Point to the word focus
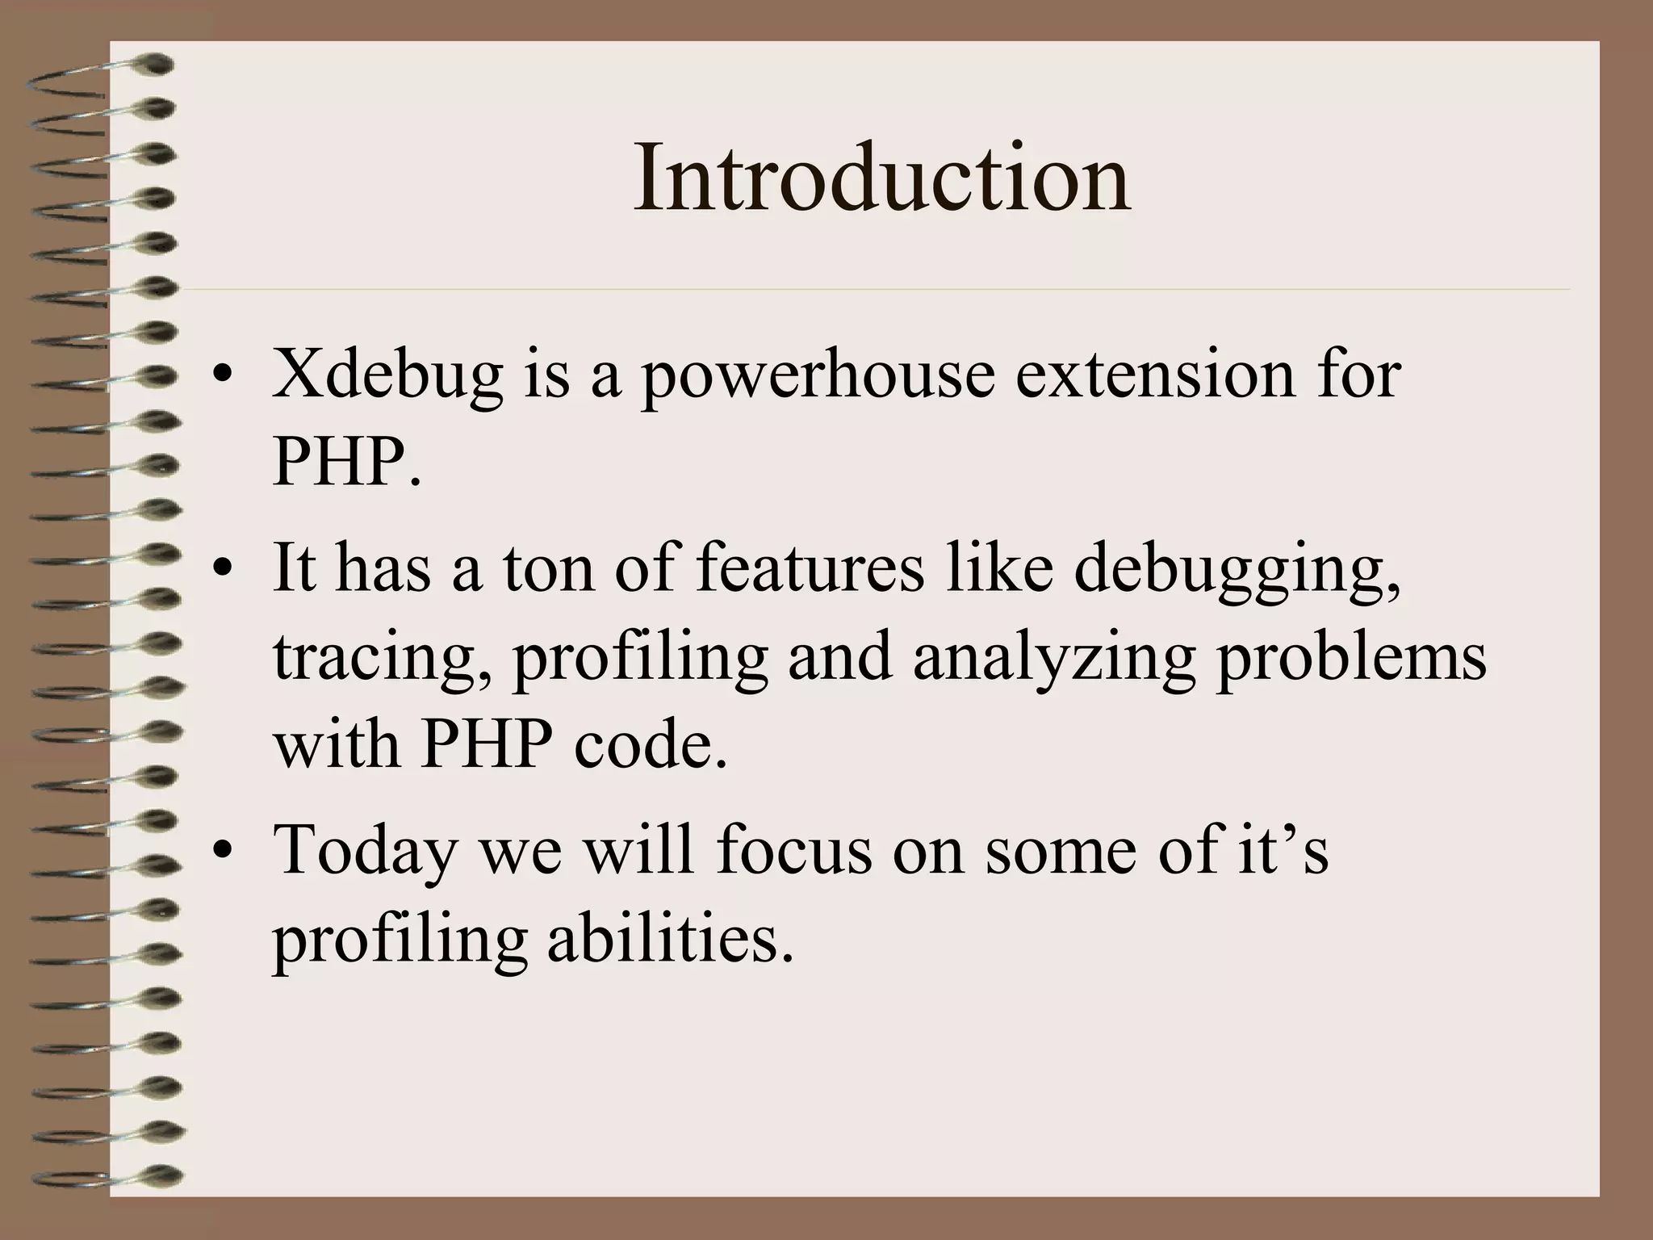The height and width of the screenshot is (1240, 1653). (794, 849)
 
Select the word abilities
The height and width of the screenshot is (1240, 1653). (670, 938)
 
